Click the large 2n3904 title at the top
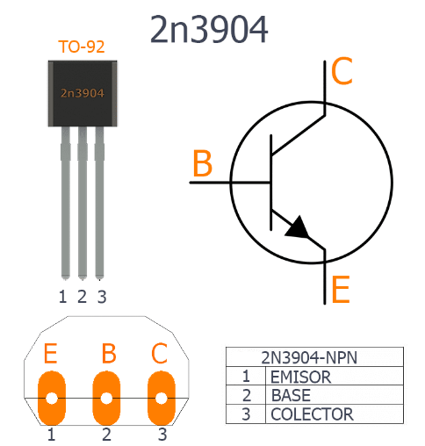pyautogui.click(x=209, y=29)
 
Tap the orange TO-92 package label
pyautogui.click(x=82, y=47)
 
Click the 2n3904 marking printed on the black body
pyautogui.click(x=83, y=93)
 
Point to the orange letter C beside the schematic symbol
pyautogui.click(x=342, y=71)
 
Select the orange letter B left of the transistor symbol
pyautogui.click(x=202, y=163)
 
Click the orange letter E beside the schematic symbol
pyautogui.click(x=341, y=289)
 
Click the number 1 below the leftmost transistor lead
pyautogui.click(x=62, y=297)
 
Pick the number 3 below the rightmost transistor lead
pyautogui.click(x=102, y=297)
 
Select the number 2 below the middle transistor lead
pyautogui.click(x=83, y=297)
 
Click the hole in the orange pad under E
pyautogui.click(x=52, y=398)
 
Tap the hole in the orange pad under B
pyautogui.click(x=106, y=398)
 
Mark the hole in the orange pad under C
pyautogui.click(x=161, y=398)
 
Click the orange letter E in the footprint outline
pyautogui.click(x=50, y=353)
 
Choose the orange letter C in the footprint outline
pyautogui.click(x=160, y=353)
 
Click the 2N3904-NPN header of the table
pyautogui.click(x=309, y=357)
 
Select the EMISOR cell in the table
pyautogui.click(x=301, y=377)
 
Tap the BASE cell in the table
pyautogui.click(x=291, y=395)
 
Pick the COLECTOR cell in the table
pyautogui.click(x=312, y=414)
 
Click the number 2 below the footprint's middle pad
pyautogui.click(x=106, y=435)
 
